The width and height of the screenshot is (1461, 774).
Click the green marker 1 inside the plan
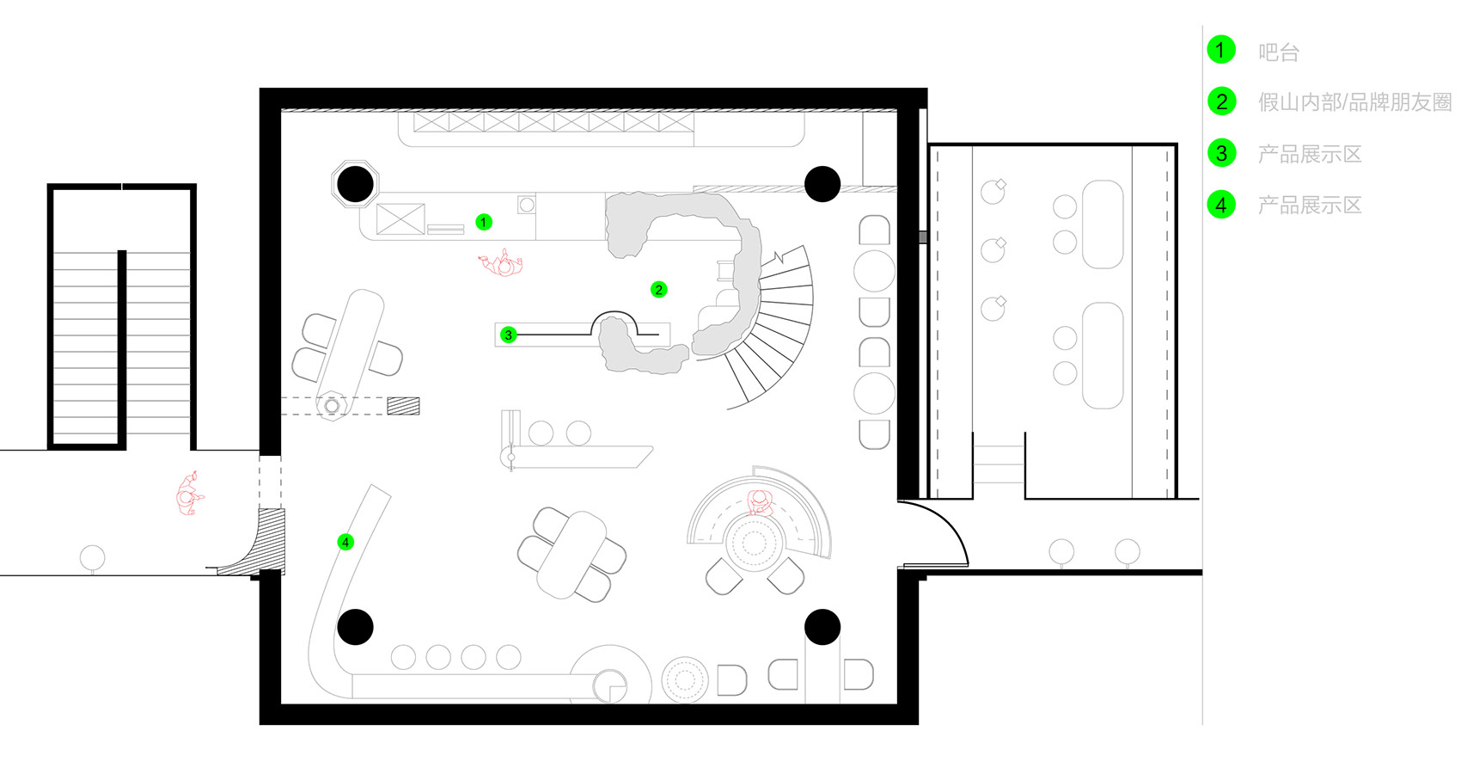pos(483,223)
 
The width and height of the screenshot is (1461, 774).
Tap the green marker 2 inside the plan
pos(659,290)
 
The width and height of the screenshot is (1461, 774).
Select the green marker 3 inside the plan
pos(508,335)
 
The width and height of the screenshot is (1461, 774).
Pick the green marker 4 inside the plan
pos(345,543)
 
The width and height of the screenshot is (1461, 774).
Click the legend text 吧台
pos(1279,52)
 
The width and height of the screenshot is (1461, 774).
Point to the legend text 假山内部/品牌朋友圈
pos(1354,102)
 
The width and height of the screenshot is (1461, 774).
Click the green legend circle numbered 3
pos(1221,153)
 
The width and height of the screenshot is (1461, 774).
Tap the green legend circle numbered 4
pos(1221,205)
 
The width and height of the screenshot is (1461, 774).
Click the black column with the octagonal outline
pos(356,184)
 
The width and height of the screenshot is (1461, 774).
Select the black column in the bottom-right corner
pos(822,627)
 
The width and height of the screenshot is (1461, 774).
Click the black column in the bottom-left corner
pos(356,627)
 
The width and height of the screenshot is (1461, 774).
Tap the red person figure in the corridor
pos(189,494)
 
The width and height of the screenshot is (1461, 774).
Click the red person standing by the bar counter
pos(501,263)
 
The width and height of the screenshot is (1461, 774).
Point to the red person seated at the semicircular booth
pos(760,502)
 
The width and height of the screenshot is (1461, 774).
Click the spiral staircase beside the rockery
pos(776,326)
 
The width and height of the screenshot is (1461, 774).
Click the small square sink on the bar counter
pos(527,205)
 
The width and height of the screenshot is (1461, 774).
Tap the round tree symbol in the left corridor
pos(92,559)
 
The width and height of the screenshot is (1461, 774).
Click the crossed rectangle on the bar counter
pos(400,218)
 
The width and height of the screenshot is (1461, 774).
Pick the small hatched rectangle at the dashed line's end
pos(403,406)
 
